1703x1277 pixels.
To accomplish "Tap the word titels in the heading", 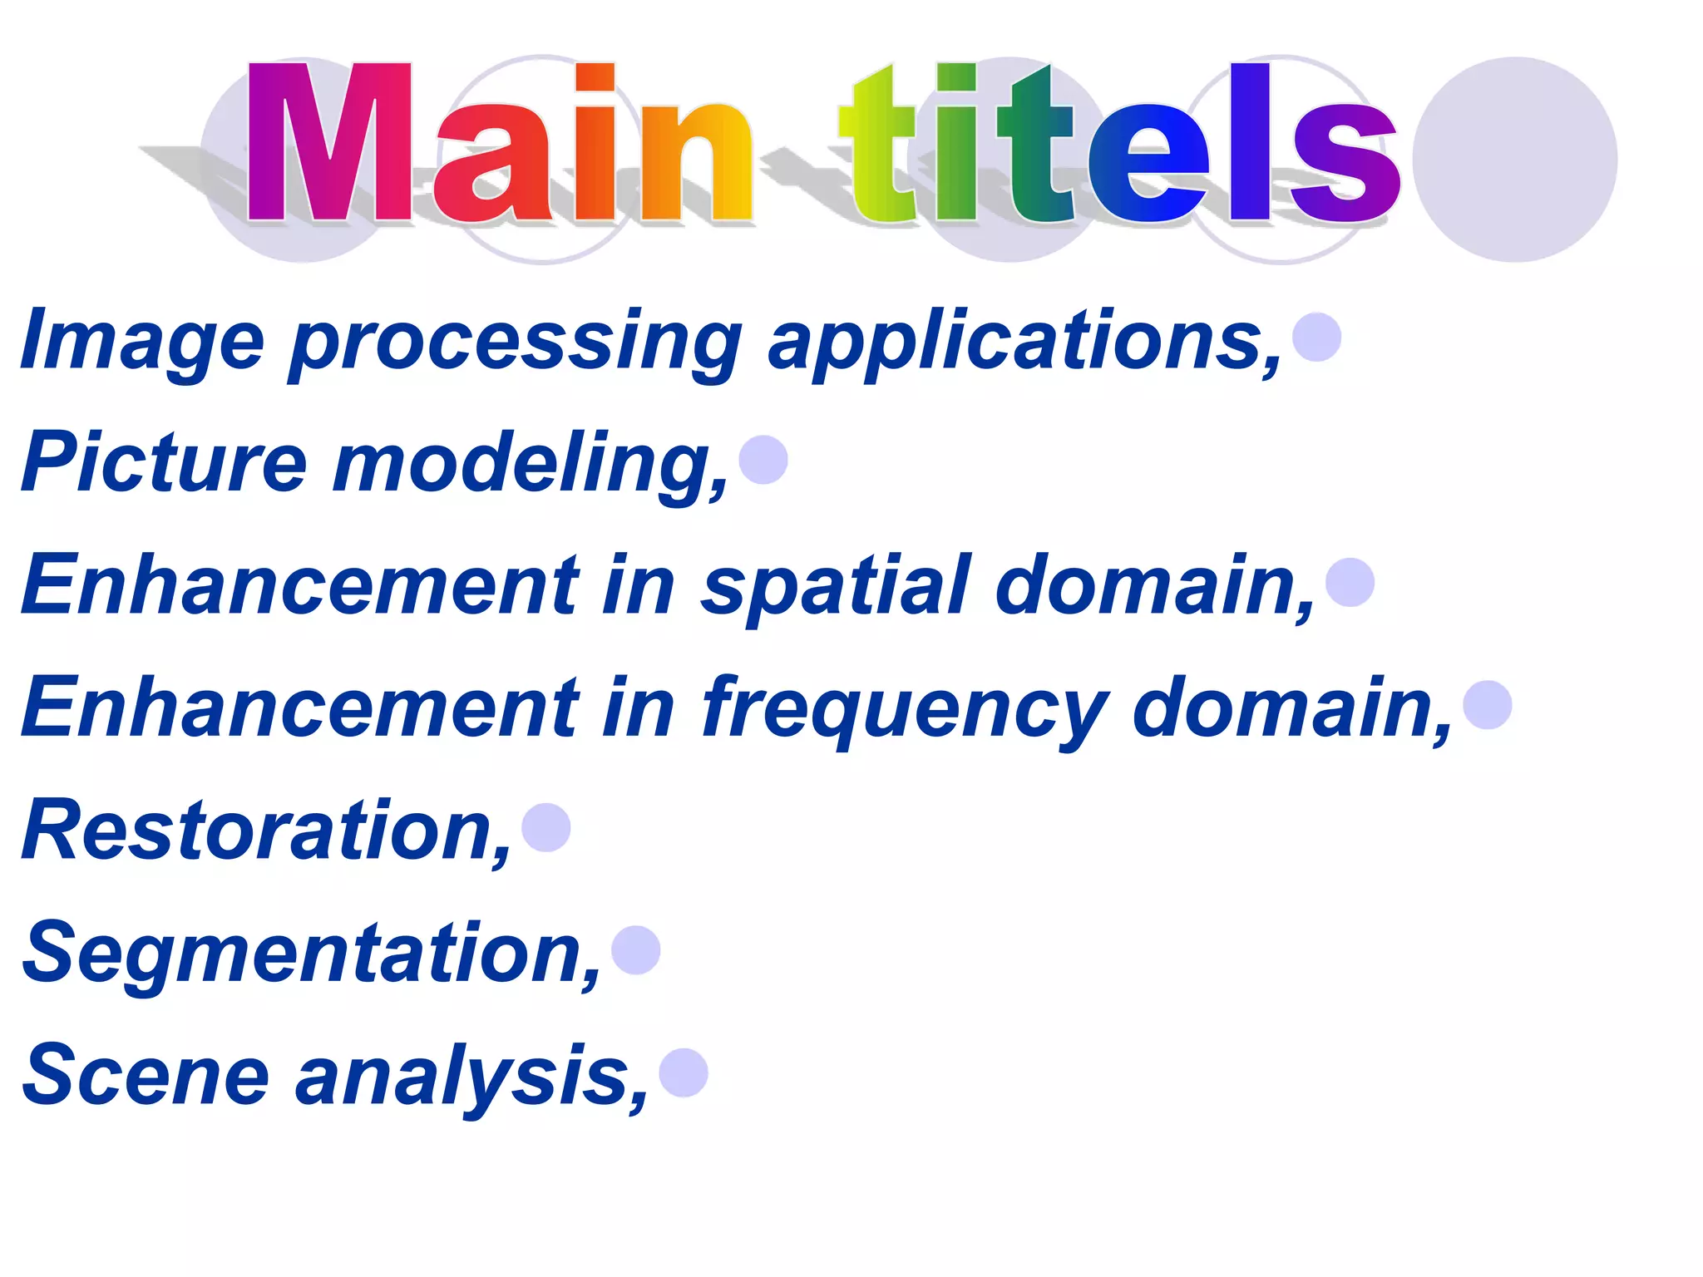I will click(x=1118, y=143).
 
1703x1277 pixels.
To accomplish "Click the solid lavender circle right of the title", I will click(x=1514, y=160).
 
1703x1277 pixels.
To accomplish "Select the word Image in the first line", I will click(x=142, y=341).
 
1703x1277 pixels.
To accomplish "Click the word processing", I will click(x=516, y=341).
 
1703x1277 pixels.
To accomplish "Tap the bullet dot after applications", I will click(x=1317, y=337).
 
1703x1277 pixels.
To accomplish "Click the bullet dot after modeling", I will click(x=763, y=460).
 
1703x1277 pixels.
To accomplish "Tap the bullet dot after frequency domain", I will click(x=1487, y=705).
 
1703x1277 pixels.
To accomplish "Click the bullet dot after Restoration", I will click(x=546, y=827).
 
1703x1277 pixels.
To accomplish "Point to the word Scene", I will click(x=146, y=1074).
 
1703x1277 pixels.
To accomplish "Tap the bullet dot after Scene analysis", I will click(x=684, y=1072).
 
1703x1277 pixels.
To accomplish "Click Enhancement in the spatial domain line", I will click(x=299, y=585).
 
